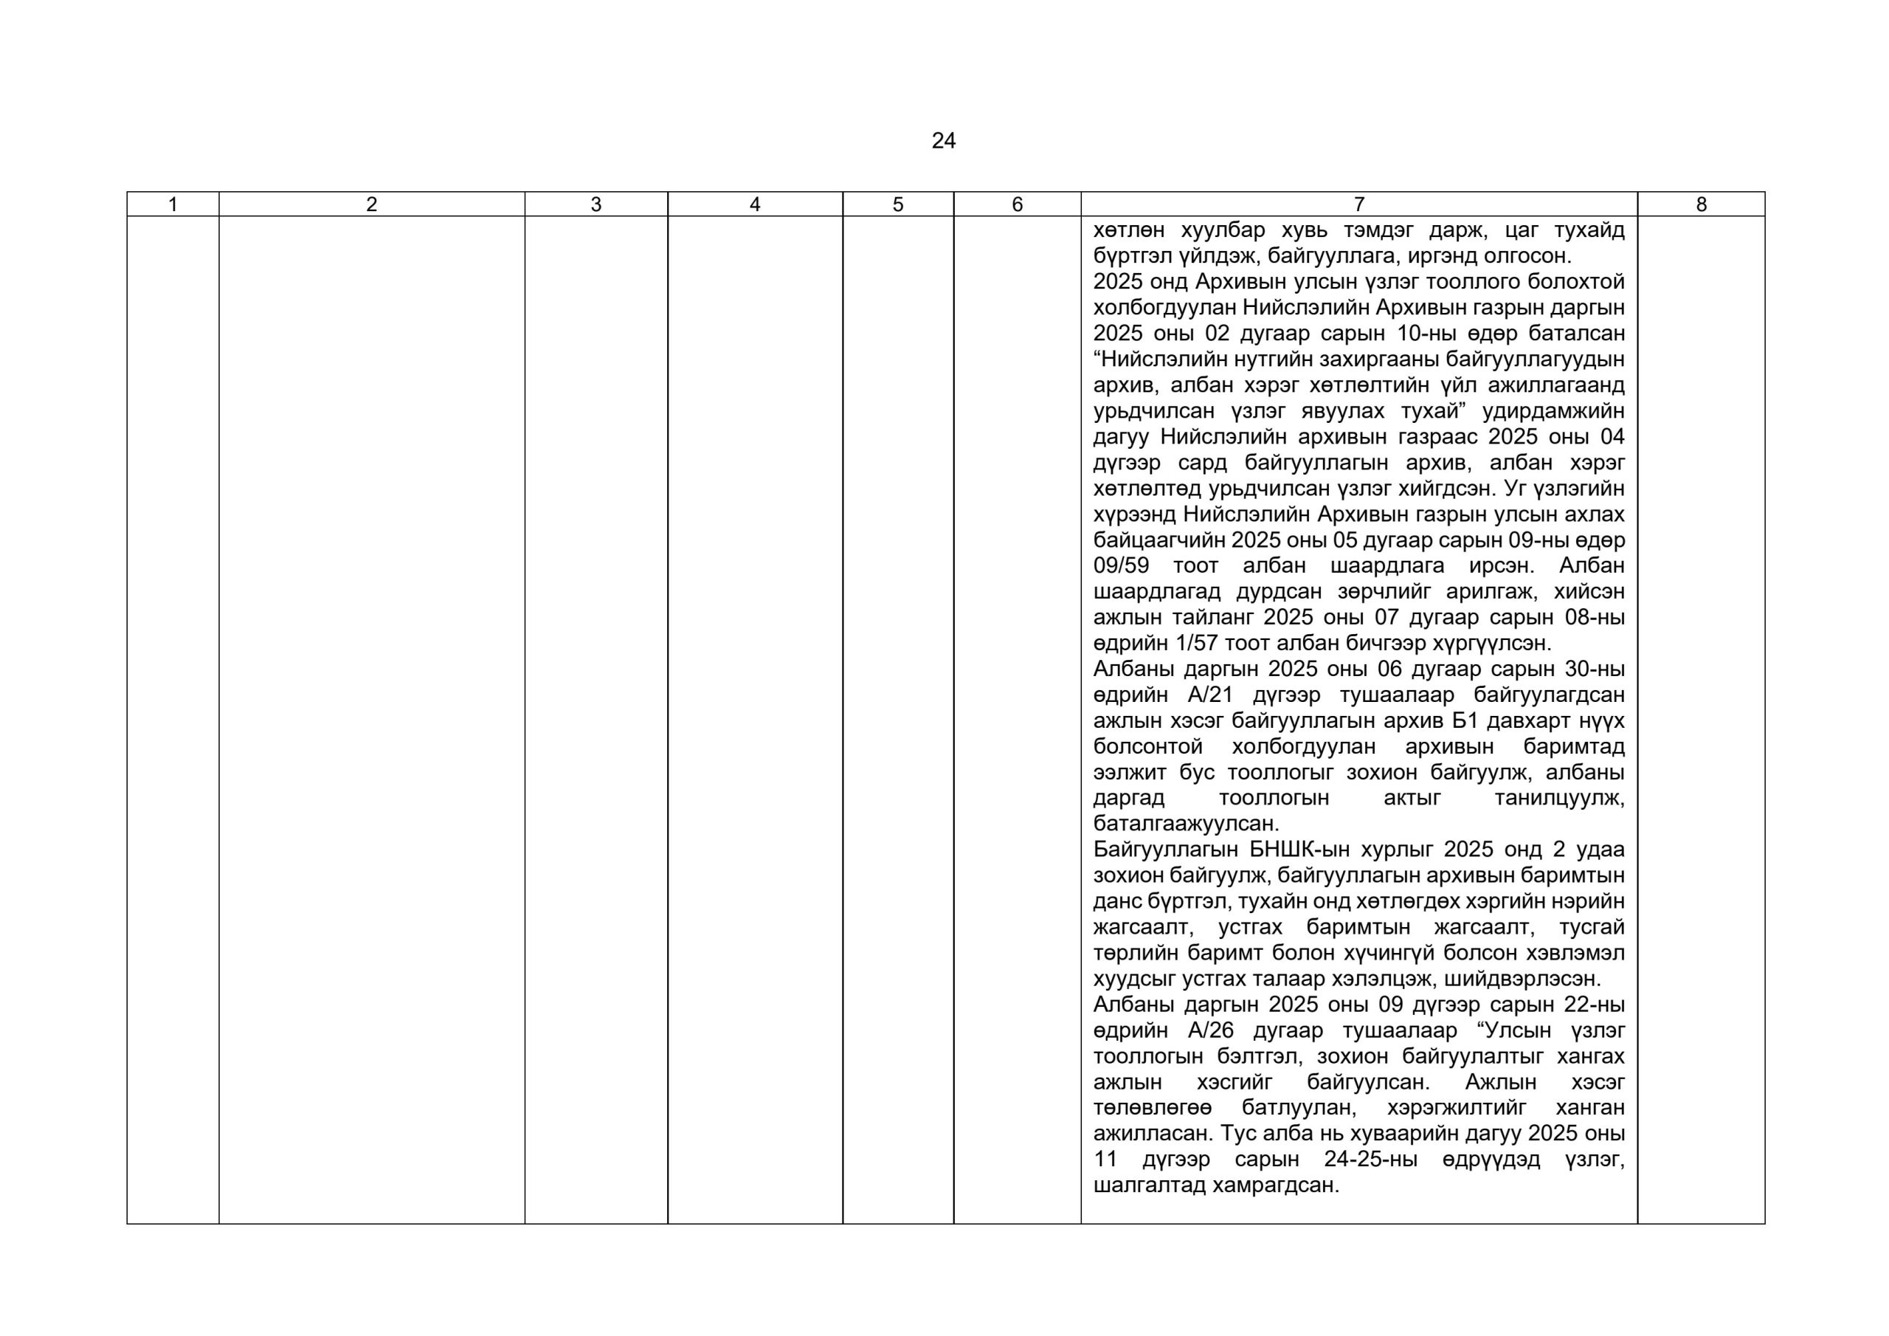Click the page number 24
pos(943,142)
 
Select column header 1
pos(173,205)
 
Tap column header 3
pos(595,205)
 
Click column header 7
pos(1358,205)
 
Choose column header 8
pos(1701,205)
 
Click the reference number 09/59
pos(1121,566)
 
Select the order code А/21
pos(1211,695)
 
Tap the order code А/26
pos(1211,1031)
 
